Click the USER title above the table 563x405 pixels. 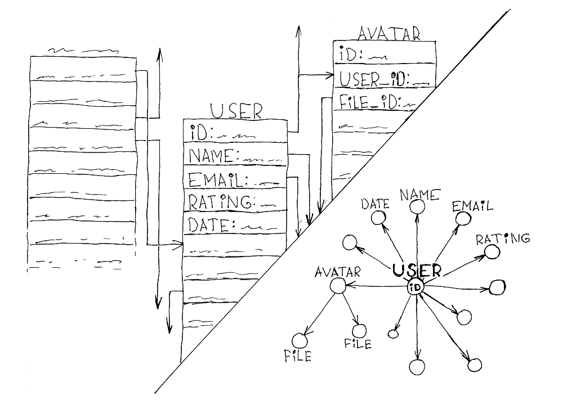click(236, 110)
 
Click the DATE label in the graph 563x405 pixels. click(376, 204)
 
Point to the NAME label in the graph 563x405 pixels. click(419, 195)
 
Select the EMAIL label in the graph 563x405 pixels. click(472, 206)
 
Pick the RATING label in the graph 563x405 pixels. click(503, 238)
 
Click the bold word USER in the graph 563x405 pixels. click(417, 271)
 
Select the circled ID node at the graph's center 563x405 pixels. click(416, 287)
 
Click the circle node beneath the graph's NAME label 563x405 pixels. click(417, 208)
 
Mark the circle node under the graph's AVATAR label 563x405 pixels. click(337, 286)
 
